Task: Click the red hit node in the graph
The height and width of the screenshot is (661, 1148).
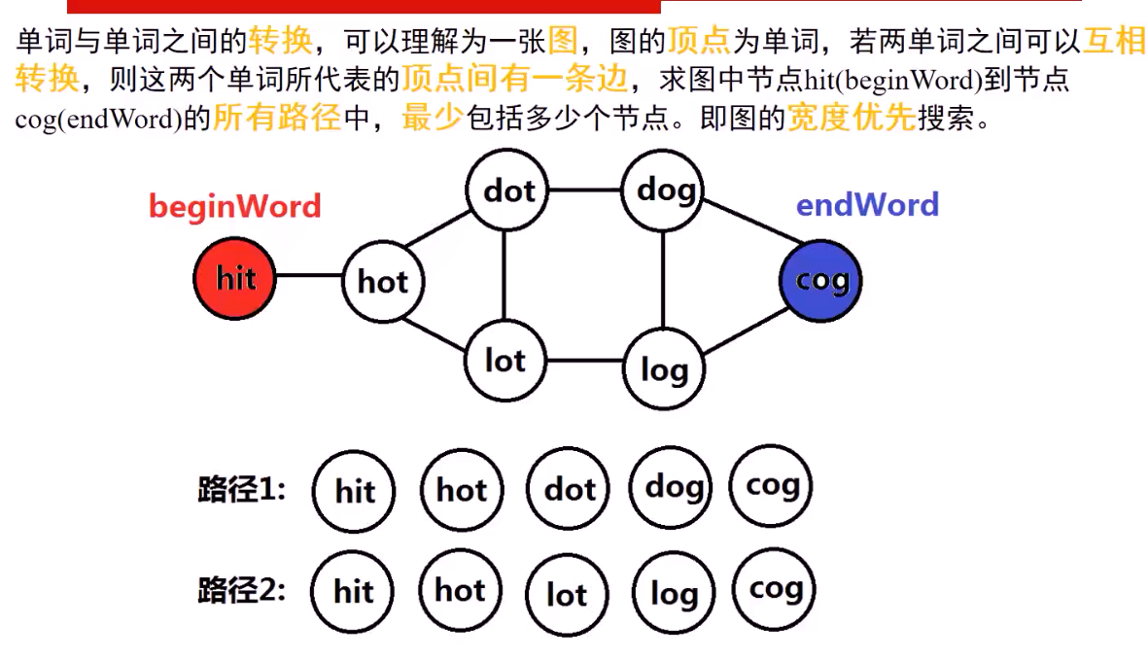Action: coord(234,279)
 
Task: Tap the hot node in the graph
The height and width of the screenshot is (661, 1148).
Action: coord(383,282)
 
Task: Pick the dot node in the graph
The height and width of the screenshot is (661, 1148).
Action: coord(507,191)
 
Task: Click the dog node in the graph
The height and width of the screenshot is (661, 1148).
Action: coord(664,190)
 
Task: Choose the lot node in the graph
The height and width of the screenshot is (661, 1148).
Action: coord(504,361)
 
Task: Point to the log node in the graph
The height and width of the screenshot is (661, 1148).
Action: coord(664,368)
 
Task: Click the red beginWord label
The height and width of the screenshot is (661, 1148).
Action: coord(234,206)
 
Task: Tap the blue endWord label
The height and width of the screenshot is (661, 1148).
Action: coord(867,205)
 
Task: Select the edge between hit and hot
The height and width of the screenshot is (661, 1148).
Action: coord(309,276)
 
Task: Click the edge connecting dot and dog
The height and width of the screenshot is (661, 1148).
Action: coord(585,190)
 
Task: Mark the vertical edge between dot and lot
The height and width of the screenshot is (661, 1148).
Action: coord(504,276)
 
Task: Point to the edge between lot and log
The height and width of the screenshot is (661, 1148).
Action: coord(584,361)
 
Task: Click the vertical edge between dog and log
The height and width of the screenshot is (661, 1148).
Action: coord(663,279)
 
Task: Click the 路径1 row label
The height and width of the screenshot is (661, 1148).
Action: coord(242,489)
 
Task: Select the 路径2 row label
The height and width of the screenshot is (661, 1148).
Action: coord(242,590)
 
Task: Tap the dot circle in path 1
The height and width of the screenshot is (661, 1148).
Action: coord(569,490)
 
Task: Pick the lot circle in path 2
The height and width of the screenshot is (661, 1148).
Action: coord(567,594)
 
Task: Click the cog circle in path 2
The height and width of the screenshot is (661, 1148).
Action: coord(775,589)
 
